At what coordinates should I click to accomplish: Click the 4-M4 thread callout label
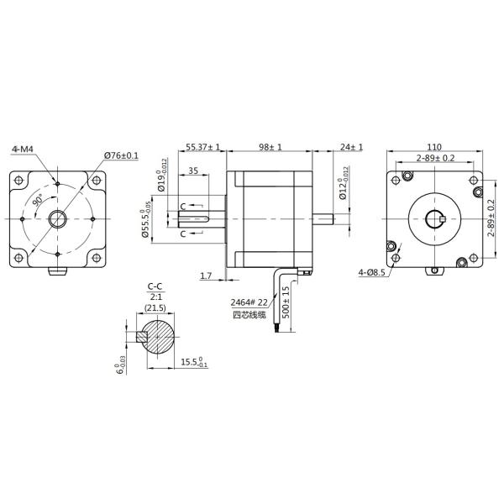(x=23, y=149)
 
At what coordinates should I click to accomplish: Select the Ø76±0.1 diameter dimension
(x=122, y=155)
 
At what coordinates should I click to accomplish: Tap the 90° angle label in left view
(x=38, y=202)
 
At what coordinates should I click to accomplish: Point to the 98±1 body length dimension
(x=270, y=147)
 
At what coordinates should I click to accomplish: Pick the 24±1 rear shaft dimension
(x=351, y=147)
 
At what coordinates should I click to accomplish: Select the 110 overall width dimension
(x=434, y=146)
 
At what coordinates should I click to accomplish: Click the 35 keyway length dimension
(x=193, y=171)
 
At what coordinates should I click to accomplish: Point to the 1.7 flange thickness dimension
(x=207, y=275)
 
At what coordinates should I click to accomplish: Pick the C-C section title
(x=155, y=286)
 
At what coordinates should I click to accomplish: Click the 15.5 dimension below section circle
(x=194, y=362)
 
